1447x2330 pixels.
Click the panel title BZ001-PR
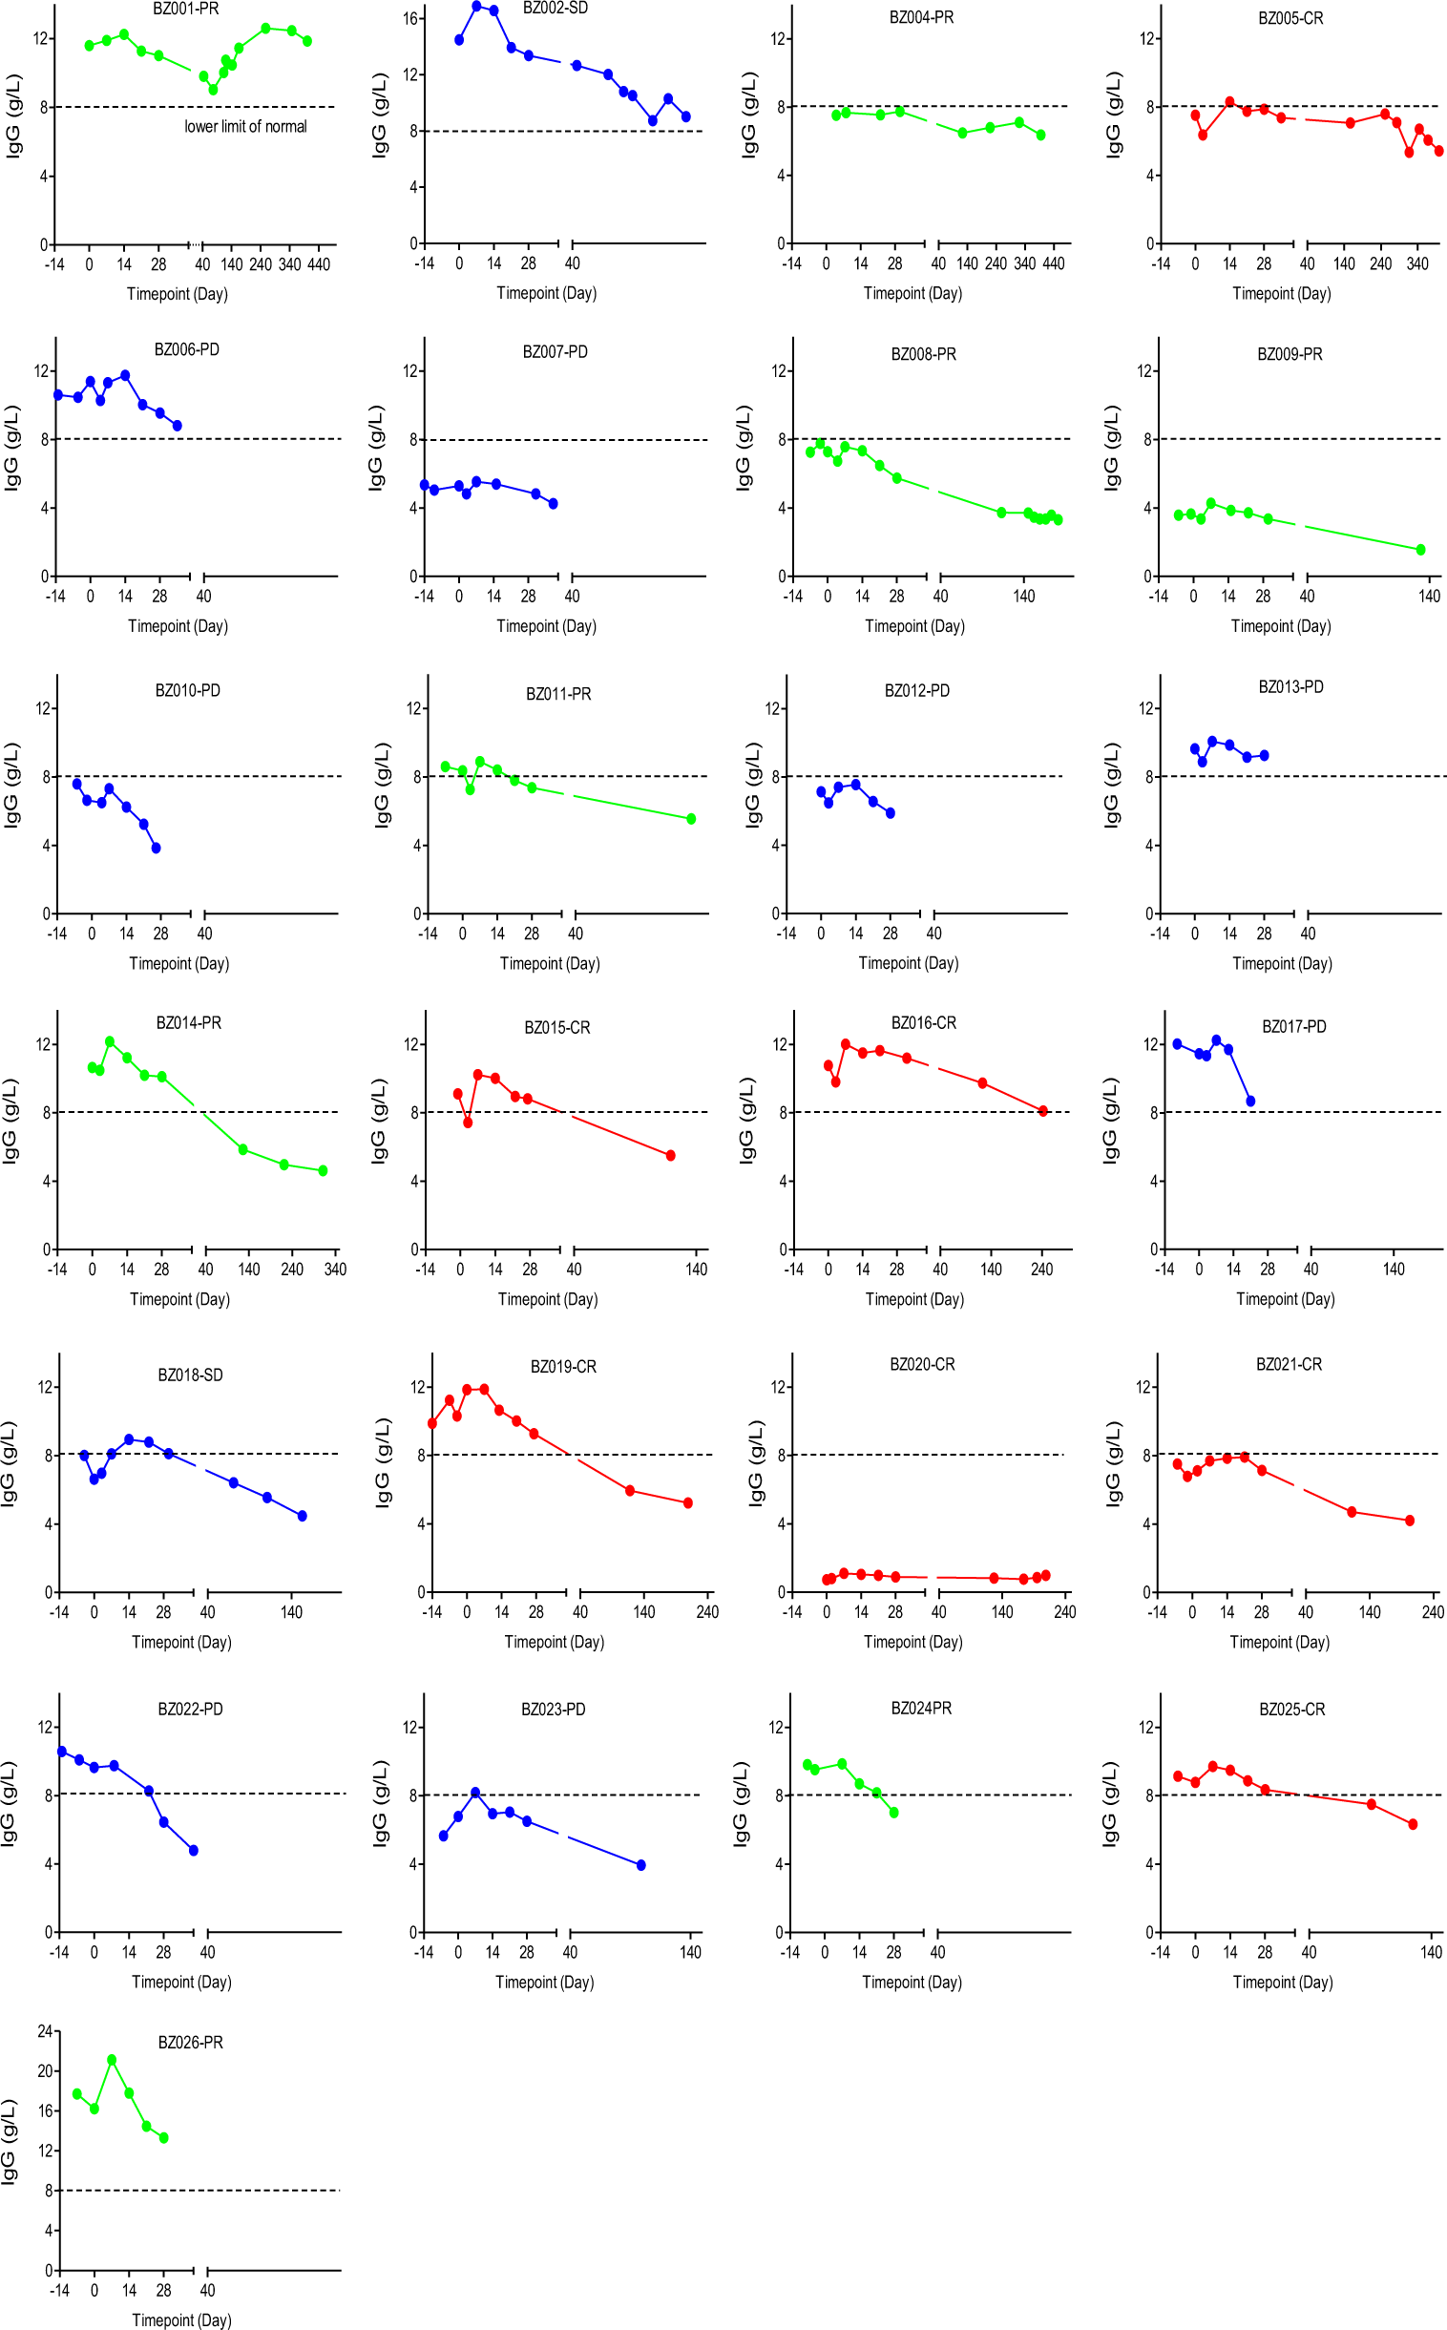pos(186,9)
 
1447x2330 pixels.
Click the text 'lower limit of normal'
pos(245,126)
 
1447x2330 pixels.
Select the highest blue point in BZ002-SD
pos(476,6)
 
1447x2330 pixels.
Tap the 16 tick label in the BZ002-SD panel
pos(410,18)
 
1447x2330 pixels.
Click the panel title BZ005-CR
pos(1290,18)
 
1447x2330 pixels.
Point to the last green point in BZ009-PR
pos(1420,549)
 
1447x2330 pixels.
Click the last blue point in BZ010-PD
pos(156,848)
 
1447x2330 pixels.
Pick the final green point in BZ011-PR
pos(691,819)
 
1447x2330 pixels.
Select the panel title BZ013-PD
pos(1290,687)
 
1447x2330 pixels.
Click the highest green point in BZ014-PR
pos(110,1041)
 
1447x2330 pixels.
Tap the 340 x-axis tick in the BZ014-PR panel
pos(335,1270)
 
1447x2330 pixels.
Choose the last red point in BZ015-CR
pos(671,1156)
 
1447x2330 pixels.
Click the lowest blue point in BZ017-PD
pos(1249,1102)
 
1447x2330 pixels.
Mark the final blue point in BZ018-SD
pos(303,1516)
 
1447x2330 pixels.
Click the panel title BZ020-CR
pos(922,1365)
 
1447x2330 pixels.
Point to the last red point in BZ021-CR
pos(1410,1521)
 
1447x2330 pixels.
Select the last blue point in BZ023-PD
pos(641,1865)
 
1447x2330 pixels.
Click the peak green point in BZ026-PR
pos(112,2059)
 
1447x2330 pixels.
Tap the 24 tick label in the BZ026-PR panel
pos(45,2030)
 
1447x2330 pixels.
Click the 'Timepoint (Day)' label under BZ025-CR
pos(1283,1982)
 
